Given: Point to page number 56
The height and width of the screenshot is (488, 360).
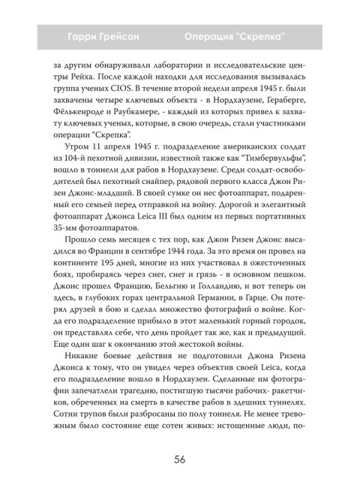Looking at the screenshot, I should coord(180,459).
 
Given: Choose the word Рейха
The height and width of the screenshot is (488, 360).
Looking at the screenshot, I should coord(59,83).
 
